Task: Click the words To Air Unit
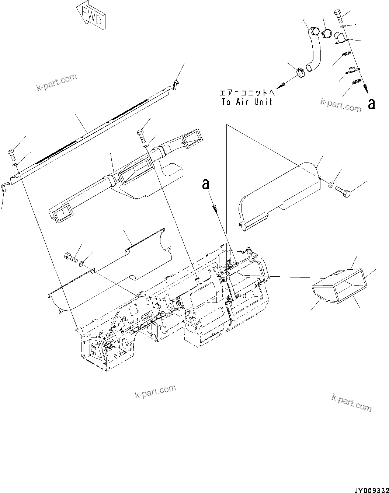[247, 102]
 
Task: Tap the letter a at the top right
[372, 104]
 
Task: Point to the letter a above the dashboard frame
[206, 184]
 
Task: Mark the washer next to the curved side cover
[331, 183]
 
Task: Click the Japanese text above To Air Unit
[247, 93]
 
